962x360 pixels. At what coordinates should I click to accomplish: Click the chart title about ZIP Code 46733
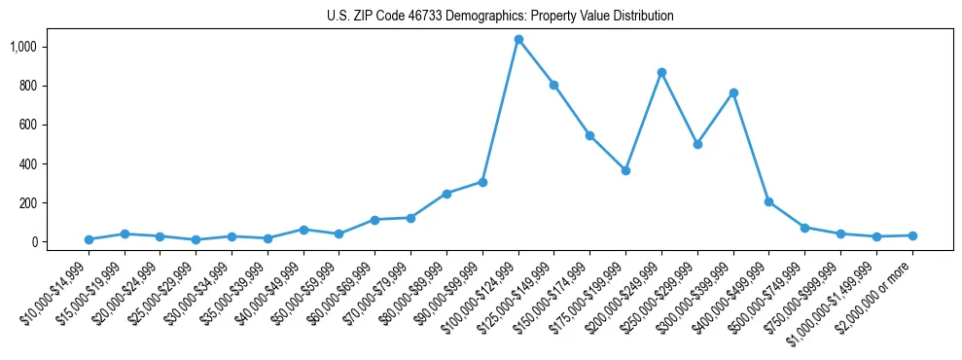click(500, 17)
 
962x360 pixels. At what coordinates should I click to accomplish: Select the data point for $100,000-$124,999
click(518, 40)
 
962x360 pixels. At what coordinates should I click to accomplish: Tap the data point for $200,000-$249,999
click(661, 72)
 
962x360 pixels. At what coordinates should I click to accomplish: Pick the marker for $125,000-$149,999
click(554, 85)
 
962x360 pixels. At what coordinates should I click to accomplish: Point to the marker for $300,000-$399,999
click(733, 92)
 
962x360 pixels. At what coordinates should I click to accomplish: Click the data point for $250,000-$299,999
click(697, 144)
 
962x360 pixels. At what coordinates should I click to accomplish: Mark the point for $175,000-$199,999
click(625, 170)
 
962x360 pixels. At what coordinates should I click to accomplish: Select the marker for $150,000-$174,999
click(590, 135)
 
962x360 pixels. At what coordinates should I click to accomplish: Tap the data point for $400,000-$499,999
click(768, 202)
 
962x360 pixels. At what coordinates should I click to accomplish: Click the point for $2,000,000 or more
click(912, 235)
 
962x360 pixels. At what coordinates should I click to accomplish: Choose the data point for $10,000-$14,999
click(89, 239)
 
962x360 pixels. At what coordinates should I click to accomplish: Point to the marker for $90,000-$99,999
click(482, 182)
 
